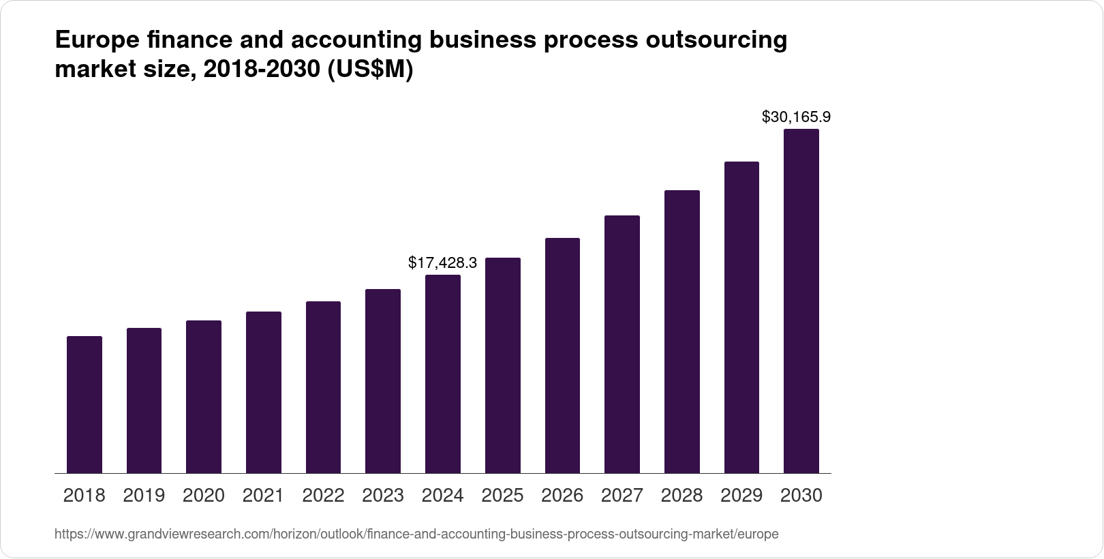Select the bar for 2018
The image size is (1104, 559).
pyautogui.click(x=85, y=404)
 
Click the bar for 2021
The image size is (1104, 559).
pyautogui.click(x=264, y=392)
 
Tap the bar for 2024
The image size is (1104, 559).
pyautogui.click(x=443, y=374)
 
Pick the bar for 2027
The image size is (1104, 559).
pyautogui.click(x=622, y=344)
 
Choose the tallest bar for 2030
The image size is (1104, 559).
pyautogui.click(x=801, y=301)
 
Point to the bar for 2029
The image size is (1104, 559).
pyautogui.click(x=741, y=317)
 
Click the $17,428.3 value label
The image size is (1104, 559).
pyautogui.click(x=442, y=262)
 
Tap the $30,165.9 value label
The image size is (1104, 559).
pyautogui.click(x=796, y=117)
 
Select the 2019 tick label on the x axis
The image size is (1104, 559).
pyautogui.click(x=144, y=496)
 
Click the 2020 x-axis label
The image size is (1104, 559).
pyautogui.click(x=204, y=496)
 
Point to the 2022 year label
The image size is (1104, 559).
pyautogui.click(x=323, y=496)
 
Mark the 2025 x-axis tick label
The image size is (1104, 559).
pyautogui.click(x=502, y=496)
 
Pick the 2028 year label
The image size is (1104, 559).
pyautogui.click(x=681, y=496)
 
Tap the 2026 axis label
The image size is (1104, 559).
pyautogui.click(x=562, y=496)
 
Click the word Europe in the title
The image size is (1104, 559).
pyautogui.click(x=96, y=40)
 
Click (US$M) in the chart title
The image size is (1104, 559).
pyautogui.click(x=370, y=70)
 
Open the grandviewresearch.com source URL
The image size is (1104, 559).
pyautogui.click(x=416, y=534)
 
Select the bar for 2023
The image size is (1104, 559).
pyautogui.click(x=383, y=381)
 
